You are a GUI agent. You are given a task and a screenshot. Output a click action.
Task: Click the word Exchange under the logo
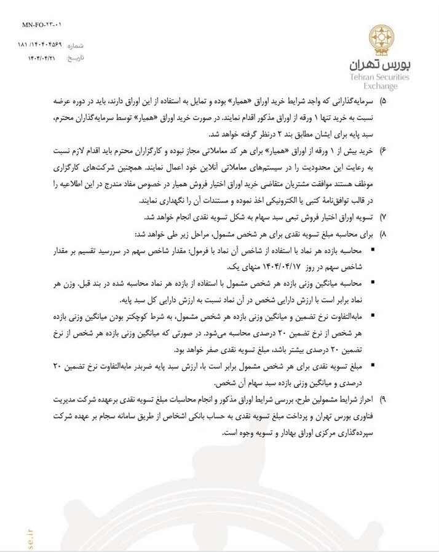385,87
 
